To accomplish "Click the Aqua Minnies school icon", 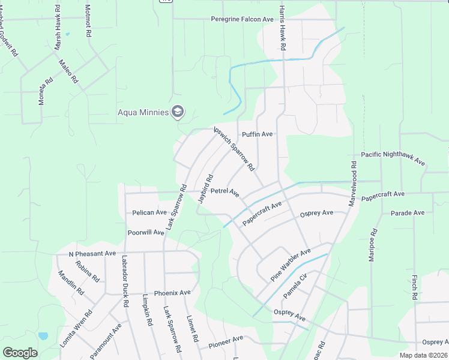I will [x=178, y=112].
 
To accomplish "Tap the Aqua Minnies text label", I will [x=143, y=112].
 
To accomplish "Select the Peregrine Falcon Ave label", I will [x=242, y=19].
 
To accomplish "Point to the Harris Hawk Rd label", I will [x=282, y=29].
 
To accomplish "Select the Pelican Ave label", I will [x=149, y=212].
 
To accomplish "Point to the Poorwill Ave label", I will [x=146, y=232].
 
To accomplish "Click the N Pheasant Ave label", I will [x=92, y=254].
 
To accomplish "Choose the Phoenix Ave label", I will [x=172, y=293].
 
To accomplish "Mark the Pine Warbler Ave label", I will [x=291, y=265].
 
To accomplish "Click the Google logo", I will [x=20, y=353].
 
